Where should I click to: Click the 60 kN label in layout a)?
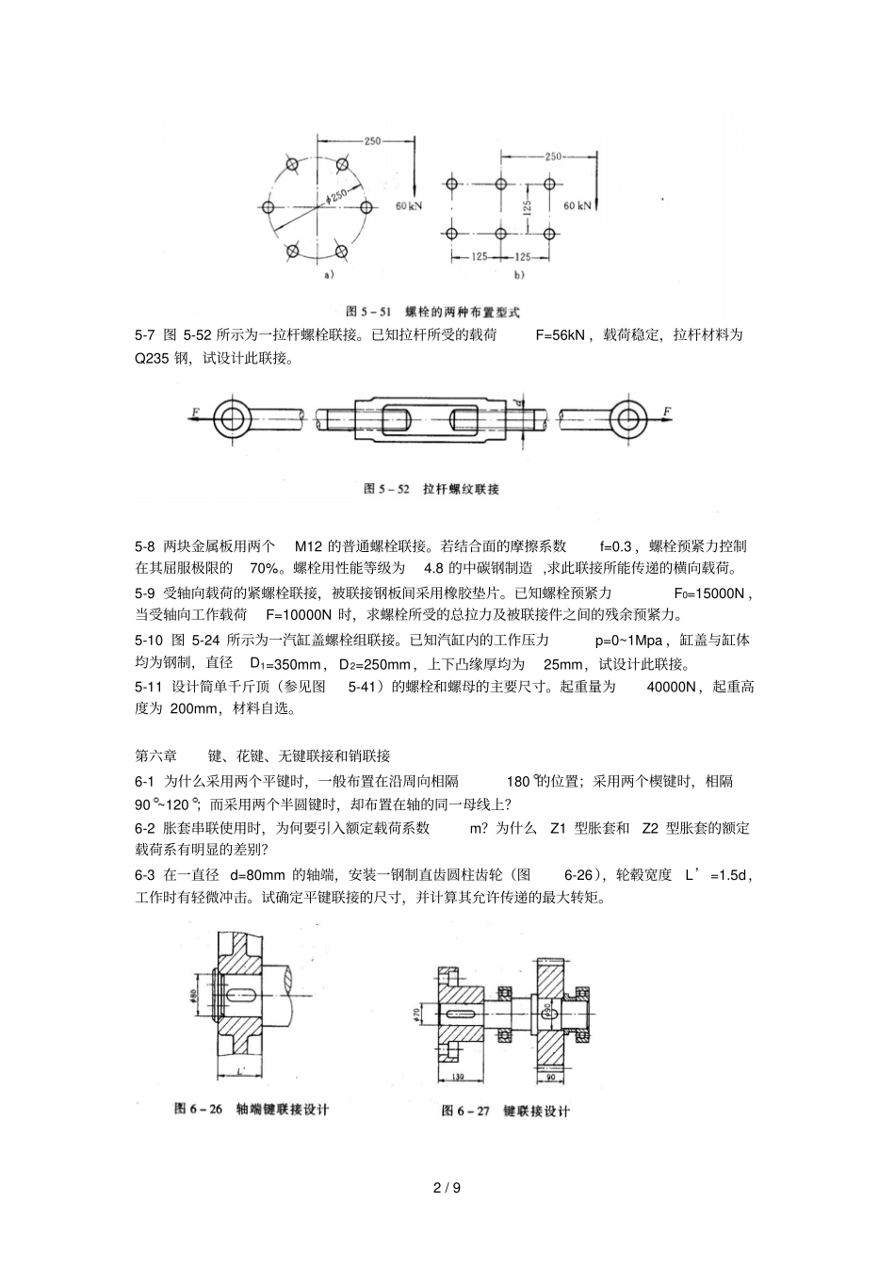(x=408, y=204)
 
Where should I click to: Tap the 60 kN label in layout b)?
(x=578, y=204)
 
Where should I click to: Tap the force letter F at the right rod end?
(x=666, y=412)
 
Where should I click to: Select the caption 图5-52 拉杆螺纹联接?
(x=431, y=489)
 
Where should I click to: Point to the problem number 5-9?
(x=144, y=593)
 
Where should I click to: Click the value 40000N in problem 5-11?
(x=671, y=688)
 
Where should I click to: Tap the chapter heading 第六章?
(x=156, y=755)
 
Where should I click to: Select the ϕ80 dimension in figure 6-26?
(x=192, y=997)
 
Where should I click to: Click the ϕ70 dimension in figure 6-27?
(x=415, y=1012)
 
